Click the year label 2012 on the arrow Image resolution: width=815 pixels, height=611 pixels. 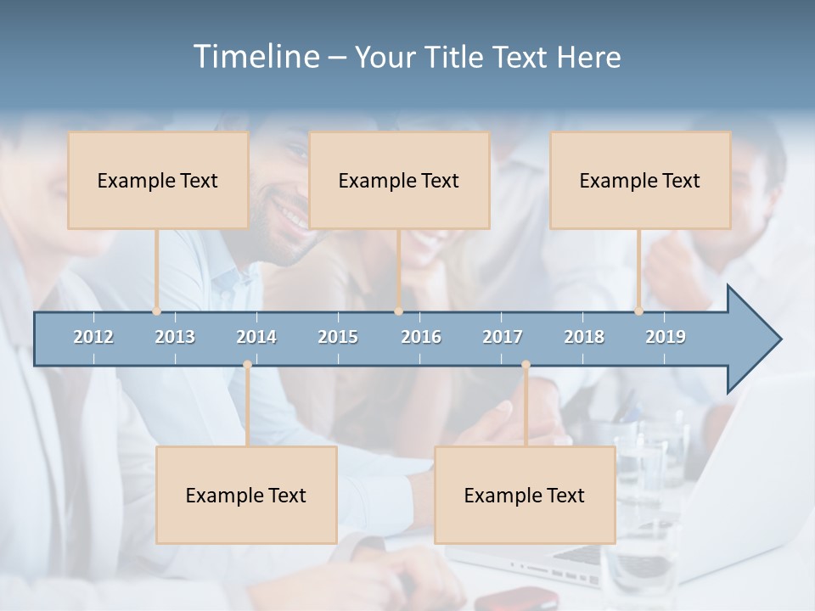(93, 337)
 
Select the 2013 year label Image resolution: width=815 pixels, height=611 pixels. (175, 337)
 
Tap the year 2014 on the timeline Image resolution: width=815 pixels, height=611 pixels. (256, 337)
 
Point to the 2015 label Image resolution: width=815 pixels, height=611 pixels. (338, 337)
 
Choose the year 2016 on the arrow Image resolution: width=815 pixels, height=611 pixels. (421, 337)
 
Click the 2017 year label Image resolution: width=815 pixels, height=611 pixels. (503, 337)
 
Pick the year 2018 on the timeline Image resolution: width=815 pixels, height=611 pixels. (584, 337)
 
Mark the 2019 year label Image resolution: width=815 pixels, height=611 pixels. (666, 337)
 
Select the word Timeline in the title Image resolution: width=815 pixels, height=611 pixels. (256, 57)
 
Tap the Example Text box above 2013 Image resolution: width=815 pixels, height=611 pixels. (158, 180)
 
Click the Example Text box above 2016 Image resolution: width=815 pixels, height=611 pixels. (399, 180)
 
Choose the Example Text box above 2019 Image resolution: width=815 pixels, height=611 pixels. (640, 180)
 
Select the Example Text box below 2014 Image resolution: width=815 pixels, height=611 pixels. (246, 495)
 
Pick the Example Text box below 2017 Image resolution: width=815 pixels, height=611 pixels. (525, 495)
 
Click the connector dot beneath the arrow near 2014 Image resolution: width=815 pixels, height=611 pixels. (247, 365)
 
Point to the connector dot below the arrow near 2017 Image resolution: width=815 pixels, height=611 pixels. (526, 365)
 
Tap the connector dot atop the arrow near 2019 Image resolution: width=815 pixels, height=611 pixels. (638, 311)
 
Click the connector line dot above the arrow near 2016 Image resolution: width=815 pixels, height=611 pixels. (398, 311)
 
